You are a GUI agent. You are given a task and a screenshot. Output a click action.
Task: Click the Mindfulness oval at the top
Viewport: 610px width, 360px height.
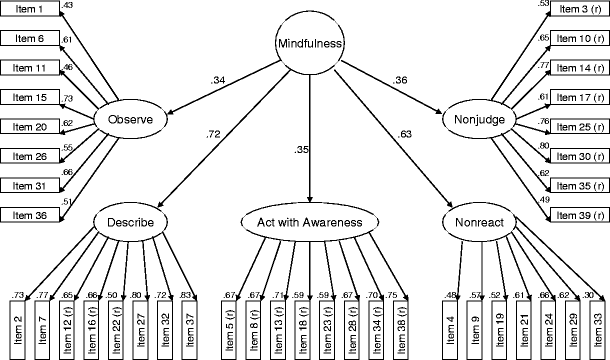click(310, 44)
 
